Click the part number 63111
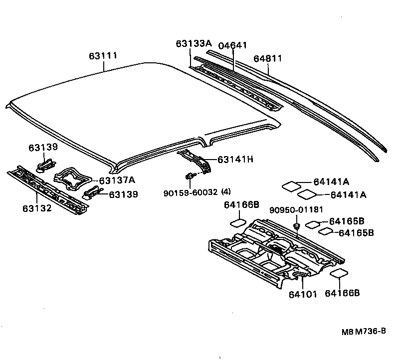coord(103,56)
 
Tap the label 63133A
coord(194,44)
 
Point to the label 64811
coord(268,58)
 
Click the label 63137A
coord(117,180)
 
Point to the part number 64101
coord(302,294)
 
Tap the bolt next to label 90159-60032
coord(191,175)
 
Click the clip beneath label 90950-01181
coord(296,227)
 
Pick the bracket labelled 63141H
coord(197,159)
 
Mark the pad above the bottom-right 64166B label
coord(339,273)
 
